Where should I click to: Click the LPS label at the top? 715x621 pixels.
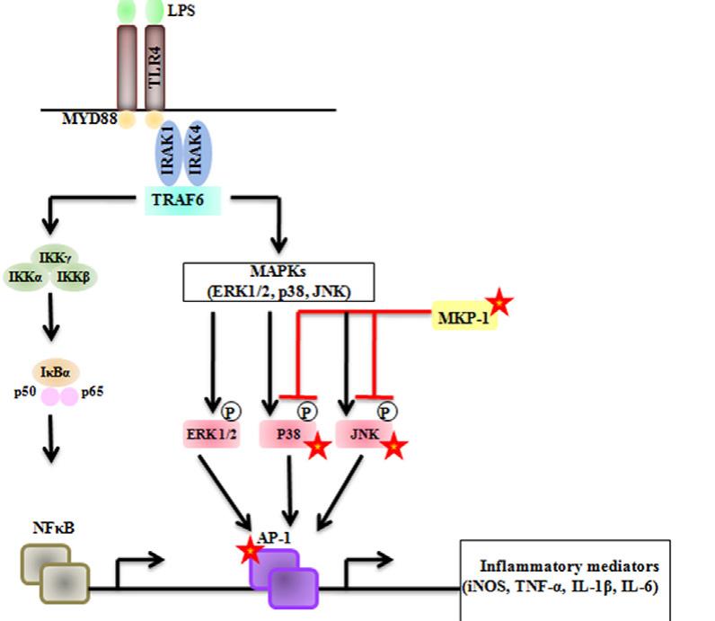coord(181,12)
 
